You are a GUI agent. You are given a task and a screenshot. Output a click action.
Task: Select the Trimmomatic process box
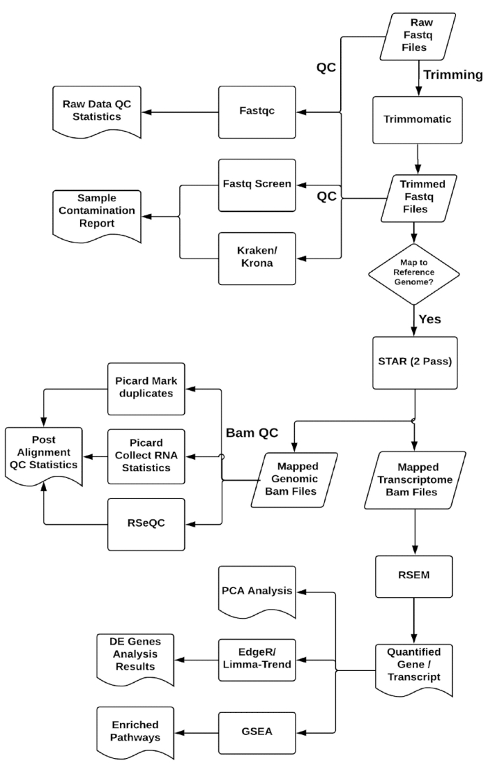point(417,119)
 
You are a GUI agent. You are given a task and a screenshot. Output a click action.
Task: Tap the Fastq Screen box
point(254,185)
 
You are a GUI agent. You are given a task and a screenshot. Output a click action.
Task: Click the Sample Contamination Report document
point(100,215)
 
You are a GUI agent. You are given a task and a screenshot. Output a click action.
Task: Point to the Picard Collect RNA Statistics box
point(146,456)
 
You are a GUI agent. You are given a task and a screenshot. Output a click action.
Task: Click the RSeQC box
point(146,523)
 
